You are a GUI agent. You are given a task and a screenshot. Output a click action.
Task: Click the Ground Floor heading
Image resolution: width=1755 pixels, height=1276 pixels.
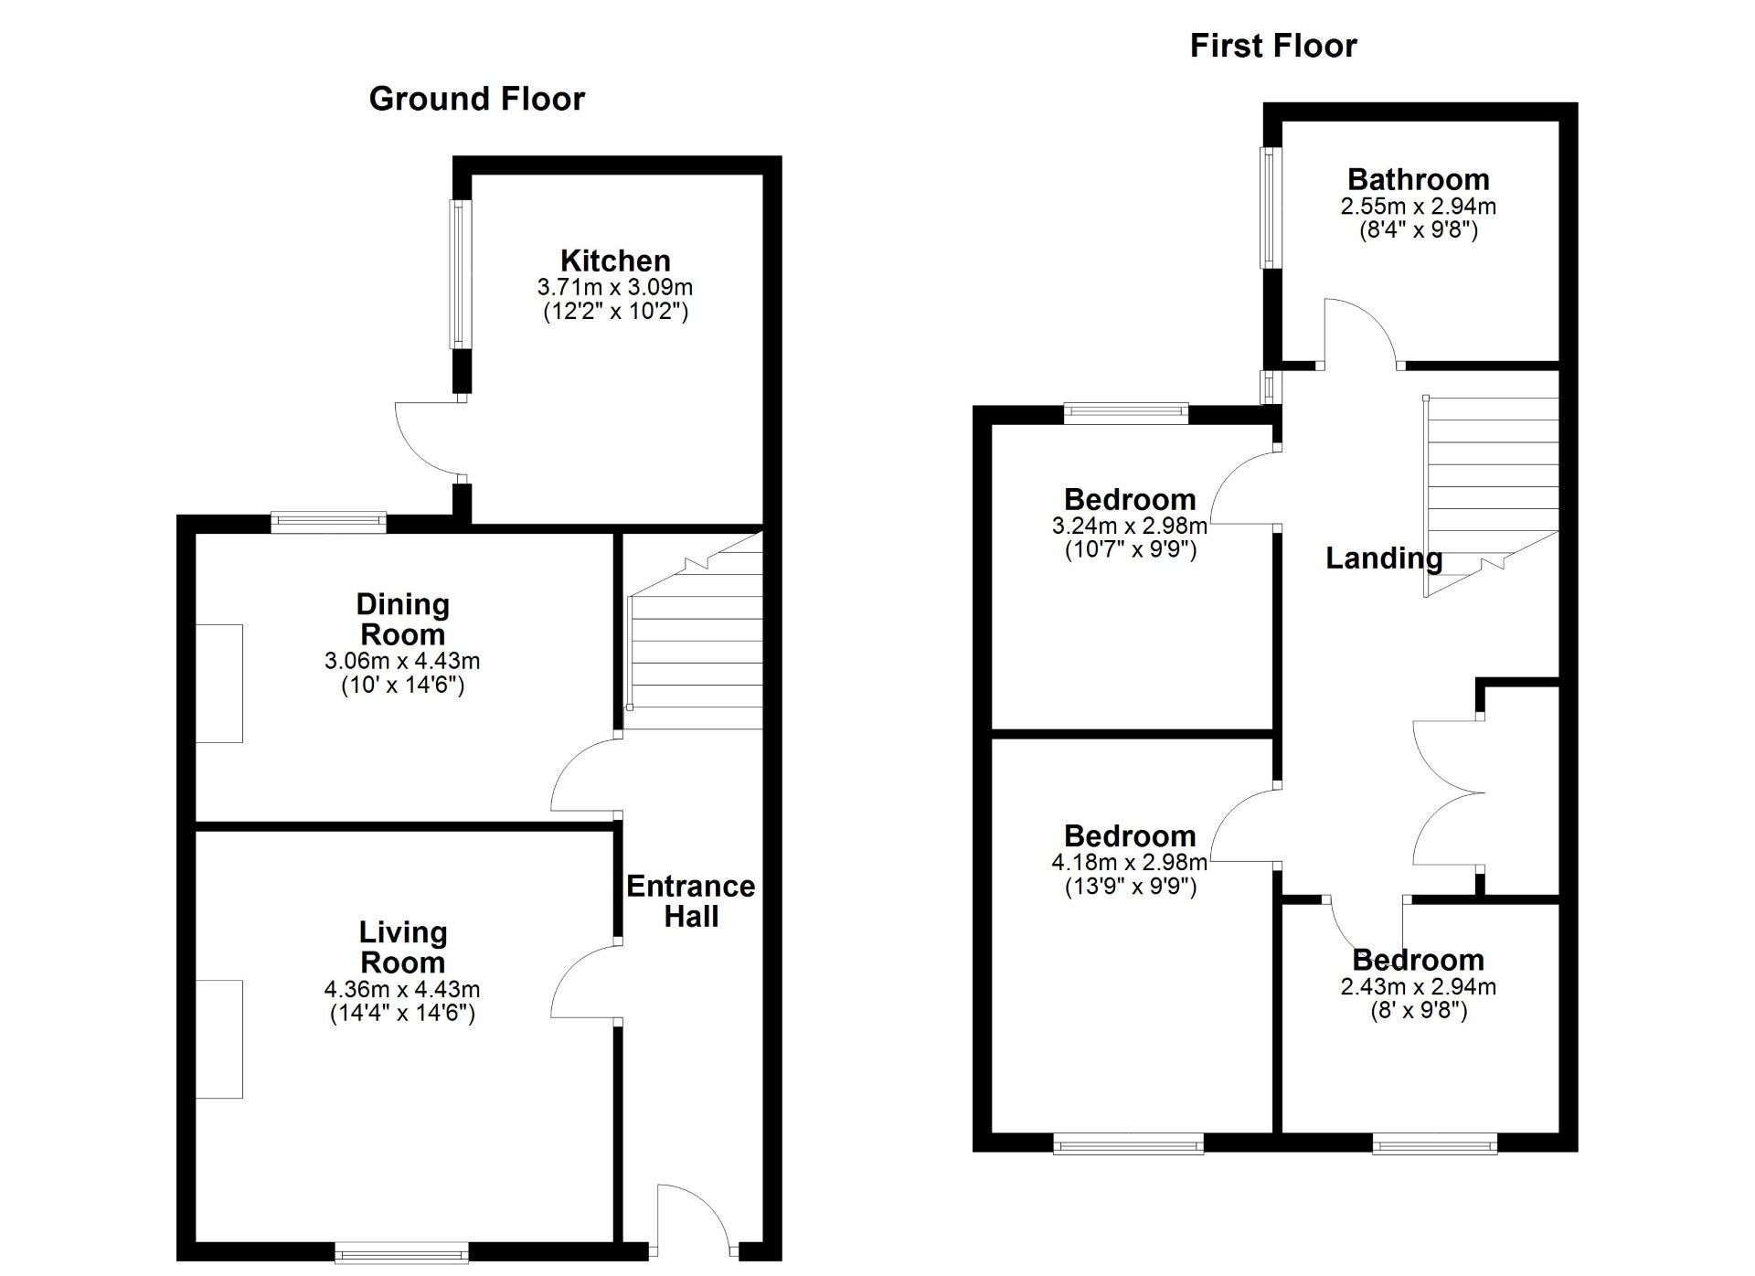pyautogui.click(x=476, y=99)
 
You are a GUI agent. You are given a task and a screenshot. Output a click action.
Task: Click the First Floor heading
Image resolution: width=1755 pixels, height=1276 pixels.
pyautogui.click(x=1272, y=45)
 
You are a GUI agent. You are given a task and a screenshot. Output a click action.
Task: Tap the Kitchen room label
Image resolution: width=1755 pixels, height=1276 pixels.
pyautogui.click(x=615, y=261)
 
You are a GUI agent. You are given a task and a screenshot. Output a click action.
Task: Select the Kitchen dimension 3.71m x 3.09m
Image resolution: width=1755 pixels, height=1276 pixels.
pyautogui.click(x=615, y=287)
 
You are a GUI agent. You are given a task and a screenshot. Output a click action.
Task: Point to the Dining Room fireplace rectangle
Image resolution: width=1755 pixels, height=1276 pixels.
pyautogui.click(x=219, y=684)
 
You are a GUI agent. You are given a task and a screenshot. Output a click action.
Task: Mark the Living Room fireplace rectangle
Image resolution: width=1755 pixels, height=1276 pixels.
pyautogui.click(x=219, y=1038)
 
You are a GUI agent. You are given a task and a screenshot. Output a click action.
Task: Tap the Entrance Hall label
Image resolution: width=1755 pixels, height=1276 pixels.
pyautogui.click(x=690, y=901)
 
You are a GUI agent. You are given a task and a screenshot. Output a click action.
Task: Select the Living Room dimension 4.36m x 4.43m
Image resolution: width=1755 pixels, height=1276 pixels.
pyautogui.click(x=402, y=989)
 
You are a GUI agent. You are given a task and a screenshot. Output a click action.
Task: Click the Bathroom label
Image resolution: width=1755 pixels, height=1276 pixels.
pyautogui.click(x=1418, y=179)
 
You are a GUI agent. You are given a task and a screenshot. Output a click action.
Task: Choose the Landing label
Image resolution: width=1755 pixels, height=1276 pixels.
pyautogui.click(x=1383, y=558)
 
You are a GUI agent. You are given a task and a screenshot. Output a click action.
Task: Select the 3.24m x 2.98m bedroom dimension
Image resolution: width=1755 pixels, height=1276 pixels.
pyautogui.click(x=1130, y=526)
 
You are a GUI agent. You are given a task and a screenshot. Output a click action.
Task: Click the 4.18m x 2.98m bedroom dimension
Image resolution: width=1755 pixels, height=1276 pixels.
pyautogui.click(x=1130, y=862)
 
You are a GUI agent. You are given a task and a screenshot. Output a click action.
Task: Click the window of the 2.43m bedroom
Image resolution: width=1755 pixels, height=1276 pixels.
pyautogui.click(x=1434, y=1143)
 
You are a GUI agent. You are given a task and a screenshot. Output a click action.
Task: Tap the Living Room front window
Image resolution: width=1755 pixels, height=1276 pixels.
pyautogui.click(x=402, y=1252)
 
